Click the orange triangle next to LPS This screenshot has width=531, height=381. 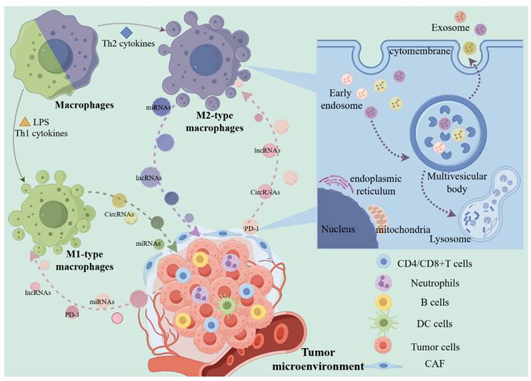[24, 122]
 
